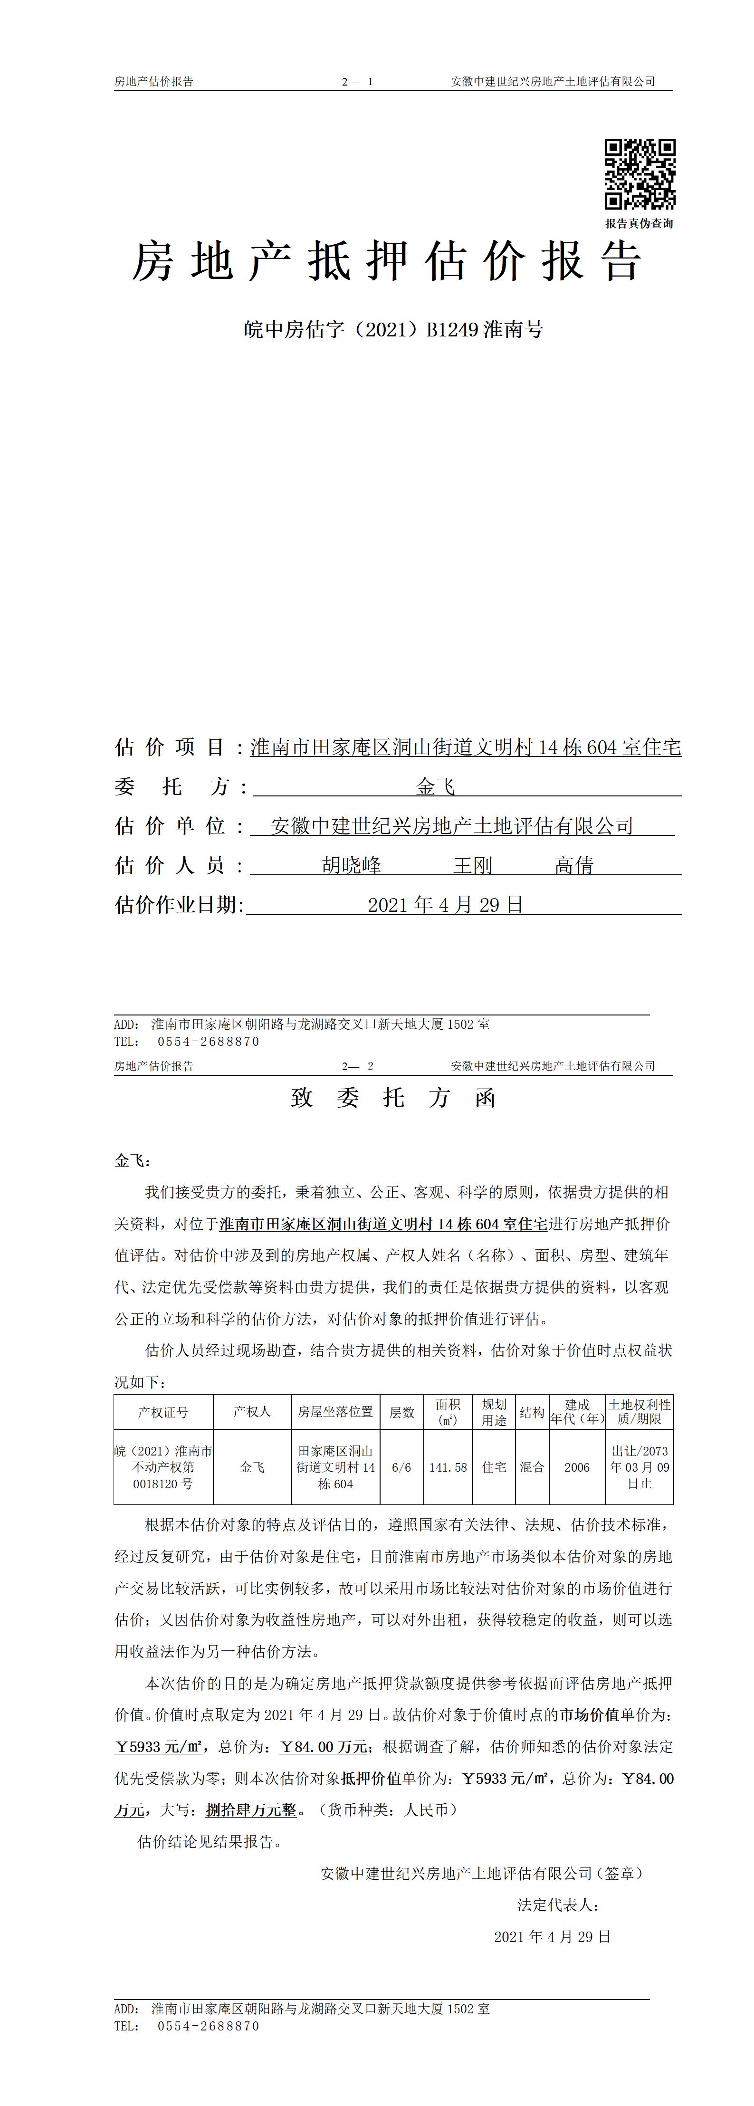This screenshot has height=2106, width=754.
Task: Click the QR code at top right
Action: click(639, 174)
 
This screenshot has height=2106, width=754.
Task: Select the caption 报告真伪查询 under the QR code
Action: click(639, 223)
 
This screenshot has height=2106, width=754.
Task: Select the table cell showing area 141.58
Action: click(448, 1467)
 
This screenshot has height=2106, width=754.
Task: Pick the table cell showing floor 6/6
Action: click(401, 1467)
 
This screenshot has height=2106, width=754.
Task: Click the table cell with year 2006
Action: click(576, 1467)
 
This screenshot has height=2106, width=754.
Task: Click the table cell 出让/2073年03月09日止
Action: click(639, 1467)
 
